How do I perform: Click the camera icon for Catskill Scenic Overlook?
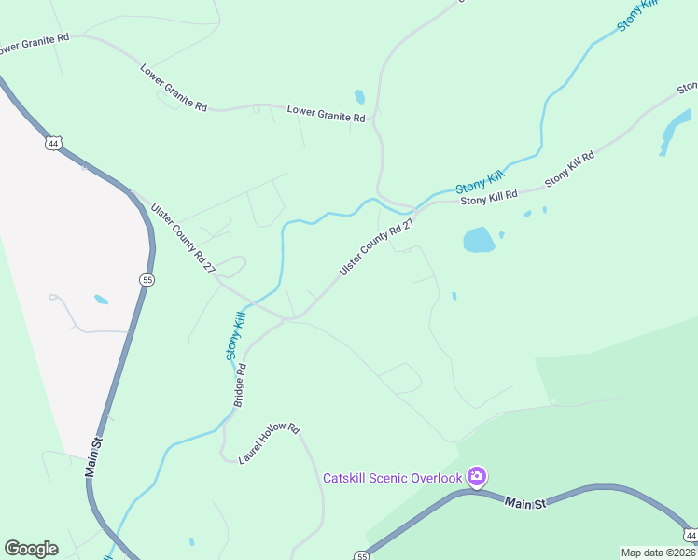click(477, 478)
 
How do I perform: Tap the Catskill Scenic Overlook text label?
click(392, 478)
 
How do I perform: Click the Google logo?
click(31, 549)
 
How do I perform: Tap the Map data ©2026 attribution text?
click(658, 552)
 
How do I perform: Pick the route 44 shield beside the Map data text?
click(690, 534)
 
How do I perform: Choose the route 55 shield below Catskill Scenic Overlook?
click(361, 555)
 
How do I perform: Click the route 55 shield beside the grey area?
click(147, 279)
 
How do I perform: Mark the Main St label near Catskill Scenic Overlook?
click(524, 503)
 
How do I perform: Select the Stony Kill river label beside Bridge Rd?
click(235, 337)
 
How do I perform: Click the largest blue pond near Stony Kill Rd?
click(479, 240)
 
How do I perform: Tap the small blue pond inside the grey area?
click(101, 300)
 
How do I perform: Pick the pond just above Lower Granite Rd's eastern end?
click(359, 96)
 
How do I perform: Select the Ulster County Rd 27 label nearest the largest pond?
click(376, 246)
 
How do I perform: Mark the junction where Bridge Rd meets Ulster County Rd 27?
click(286, 319)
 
